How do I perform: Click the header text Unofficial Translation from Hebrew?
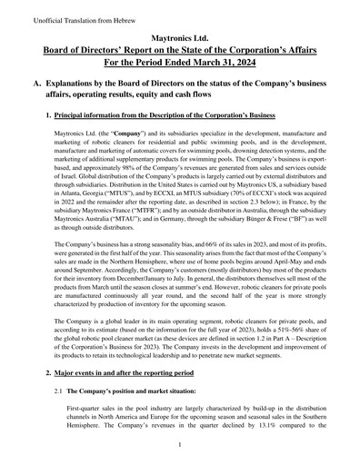(x=56, y=19)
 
